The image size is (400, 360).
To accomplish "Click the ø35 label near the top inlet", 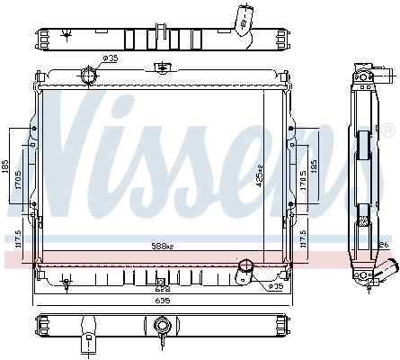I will point(111,59).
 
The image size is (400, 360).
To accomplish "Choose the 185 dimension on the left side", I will point(5,167).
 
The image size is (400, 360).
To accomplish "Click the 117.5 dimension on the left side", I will point(16,238).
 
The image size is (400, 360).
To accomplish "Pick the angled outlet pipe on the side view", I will point(388,269).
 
